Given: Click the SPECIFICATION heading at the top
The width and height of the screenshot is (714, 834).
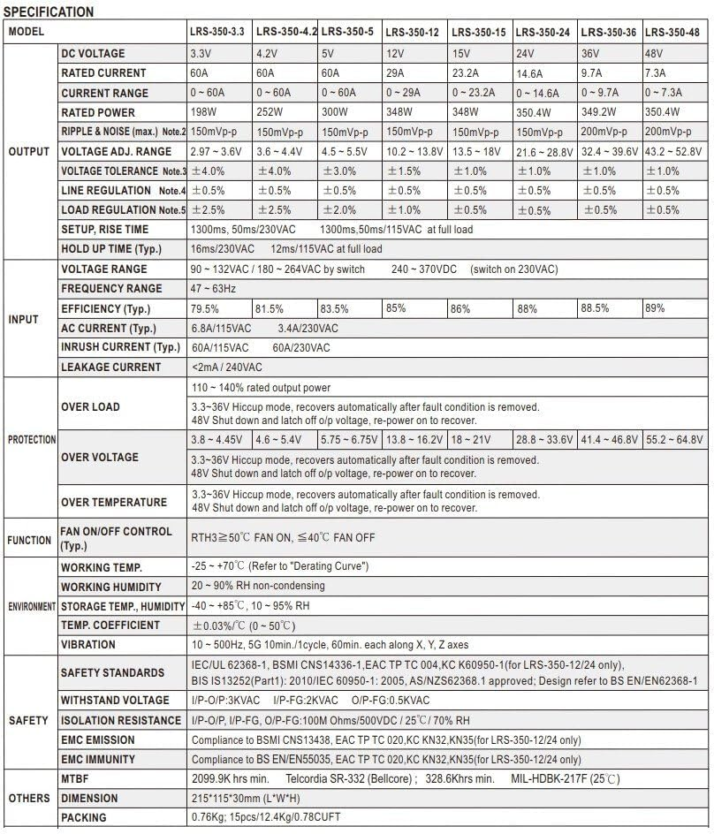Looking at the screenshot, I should click(49, 12).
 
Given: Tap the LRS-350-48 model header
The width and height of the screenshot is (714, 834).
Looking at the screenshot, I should click(672, 32).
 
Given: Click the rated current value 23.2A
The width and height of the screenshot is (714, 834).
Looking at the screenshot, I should click(468, 73).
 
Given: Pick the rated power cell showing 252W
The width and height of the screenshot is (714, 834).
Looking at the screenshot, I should click(270, 112).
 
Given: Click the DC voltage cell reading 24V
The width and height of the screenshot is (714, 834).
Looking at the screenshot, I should click(525, 54).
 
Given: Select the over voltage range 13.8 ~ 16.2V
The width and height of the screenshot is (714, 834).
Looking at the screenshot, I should click(414, 439).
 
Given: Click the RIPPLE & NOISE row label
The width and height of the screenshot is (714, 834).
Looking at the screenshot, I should click(123, 132).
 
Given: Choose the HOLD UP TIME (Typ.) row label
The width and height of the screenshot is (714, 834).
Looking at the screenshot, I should click(110, 249).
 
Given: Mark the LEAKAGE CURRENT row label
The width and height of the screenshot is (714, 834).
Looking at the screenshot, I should click(110, 367).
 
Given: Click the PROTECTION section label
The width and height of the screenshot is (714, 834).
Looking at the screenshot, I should click(31, 439).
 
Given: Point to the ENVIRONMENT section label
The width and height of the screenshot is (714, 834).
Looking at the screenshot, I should click(31, 607).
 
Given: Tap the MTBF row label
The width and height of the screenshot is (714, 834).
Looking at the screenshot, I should click(77, 778).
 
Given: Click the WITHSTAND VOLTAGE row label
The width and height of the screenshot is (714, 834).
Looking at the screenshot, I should click(114, 701).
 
